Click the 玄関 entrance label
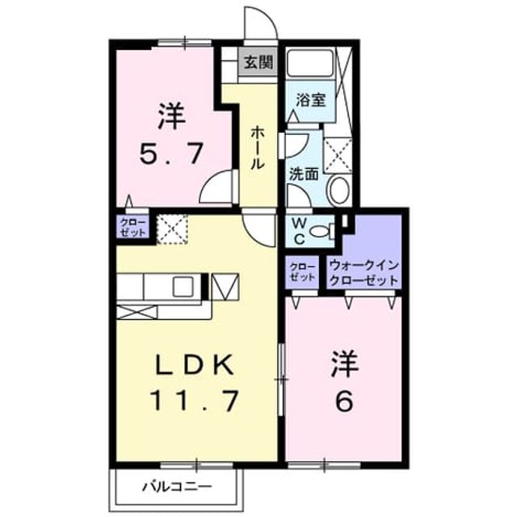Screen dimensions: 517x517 (258, 62)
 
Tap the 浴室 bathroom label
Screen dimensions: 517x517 (310, 100)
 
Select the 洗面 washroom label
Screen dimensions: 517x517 (304, 174)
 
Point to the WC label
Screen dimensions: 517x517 (299, 231)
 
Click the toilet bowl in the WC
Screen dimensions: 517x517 (322, 230)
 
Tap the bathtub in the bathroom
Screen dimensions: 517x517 (310, 63)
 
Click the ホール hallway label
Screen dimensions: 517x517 (257, 149)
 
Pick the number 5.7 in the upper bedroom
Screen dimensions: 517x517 (170, 154)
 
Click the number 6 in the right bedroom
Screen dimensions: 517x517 (344, 401)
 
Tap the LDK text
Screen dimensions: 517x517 (195, 364)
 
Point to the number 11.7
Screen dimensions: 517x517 (195, 401)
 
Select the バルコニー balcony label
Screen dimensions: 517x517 (177, 486)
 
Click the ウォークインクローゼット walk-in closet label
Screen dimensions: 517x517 (364, 273)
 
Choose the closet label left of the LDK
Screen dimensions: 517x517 (132, 227)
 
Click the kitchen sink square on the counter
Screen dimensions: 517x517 (183, 286)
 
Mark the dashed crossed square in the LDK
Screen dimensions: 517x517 (172, 229)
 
